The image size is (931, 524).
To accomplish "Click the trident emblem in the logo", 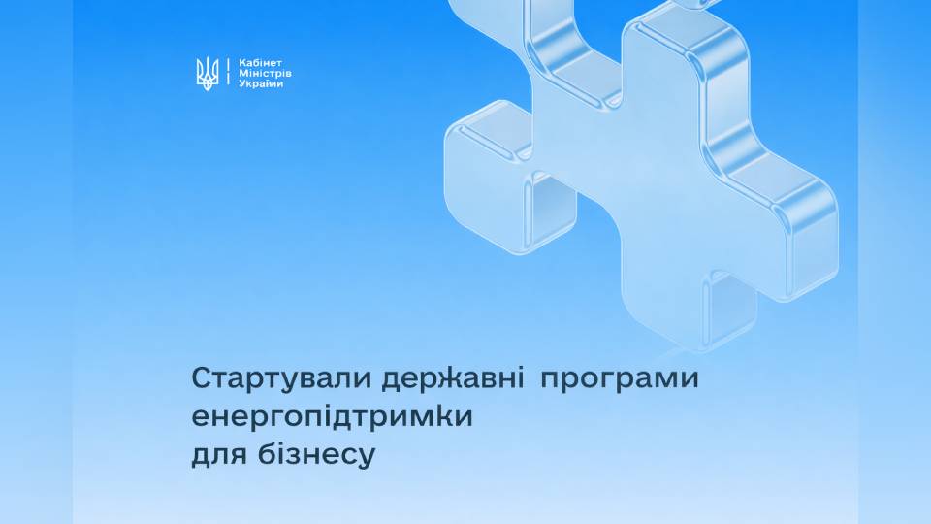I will coord(207,73).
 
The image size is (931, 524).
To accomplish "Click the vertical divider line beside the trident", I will coord(228,73).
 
